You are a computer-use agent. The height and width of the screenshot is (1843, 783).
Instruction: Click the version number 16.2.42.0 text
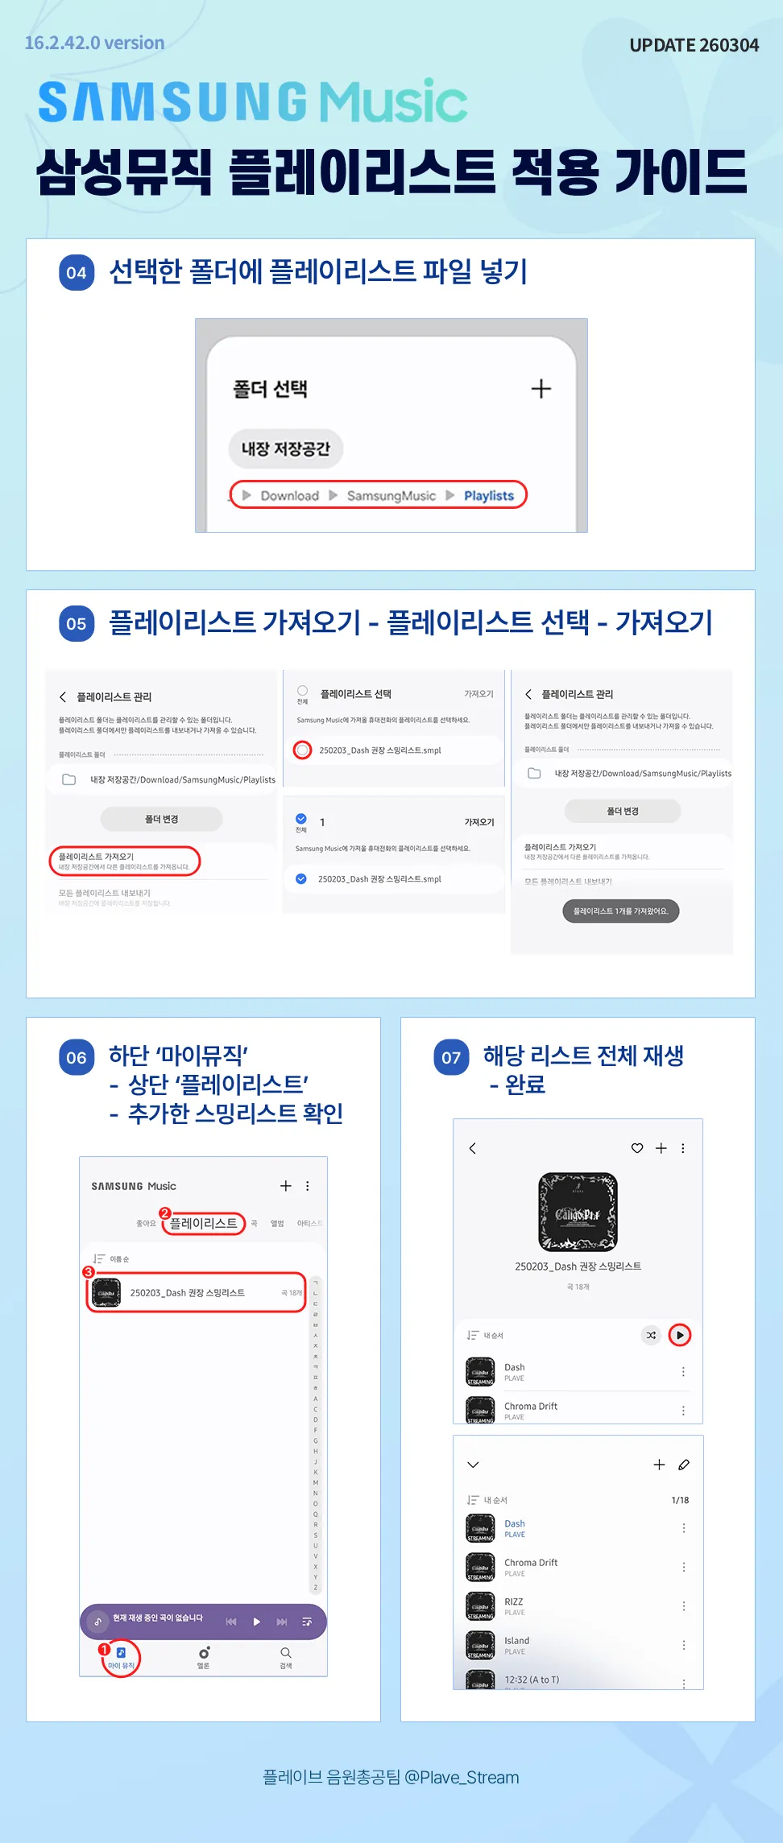coord(94,43)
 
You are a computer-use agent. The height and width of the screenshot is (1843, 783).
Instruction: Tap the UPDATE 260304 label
coord(694,45)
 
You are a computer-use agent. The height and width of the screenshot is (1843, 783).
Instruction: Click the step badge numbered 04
coord(77,272)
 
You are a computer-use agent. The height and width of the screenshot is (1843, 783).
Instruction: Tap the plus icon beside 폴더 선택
coord(541,389)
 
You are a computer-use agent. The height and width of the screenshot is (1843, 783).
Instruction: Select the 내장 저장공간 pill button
coord(285,449)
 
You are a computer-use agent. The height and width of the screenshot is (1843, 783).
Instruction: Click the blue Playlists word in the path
coord(488,495)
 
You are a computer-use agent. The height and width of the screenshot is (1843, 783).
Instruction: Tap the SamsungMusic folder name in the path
coord(391,495)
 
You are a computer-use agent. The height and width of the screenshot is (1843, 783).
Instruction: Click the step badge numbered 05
coord(77,623)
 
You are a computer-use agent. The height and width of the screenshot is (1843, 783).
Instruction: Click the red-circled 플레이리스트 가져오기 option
coord(124,861)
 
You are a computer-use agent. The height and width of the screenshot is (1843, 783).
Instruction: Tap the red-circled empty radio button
coord(302,750)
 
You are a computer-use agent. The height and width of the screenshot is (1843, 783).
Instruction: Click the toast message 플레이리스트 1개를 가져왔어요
coord(620,911)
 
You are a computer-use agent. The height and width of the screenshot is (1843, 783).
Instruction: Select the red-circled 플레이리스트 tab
coord(203,1223)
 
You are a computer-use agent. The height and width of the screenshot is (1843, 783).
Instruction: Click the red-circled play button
coord(680,1335)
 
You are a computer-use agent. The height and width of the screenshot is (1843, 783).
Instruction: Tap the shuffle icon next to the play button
coord(651,1335)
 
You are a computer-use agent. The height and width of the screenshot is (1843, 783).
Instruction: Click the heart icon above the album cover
coord(636,1148)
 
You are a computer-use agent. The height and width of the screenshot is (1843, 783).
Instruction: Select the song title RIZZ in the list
coord(513,1601)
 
